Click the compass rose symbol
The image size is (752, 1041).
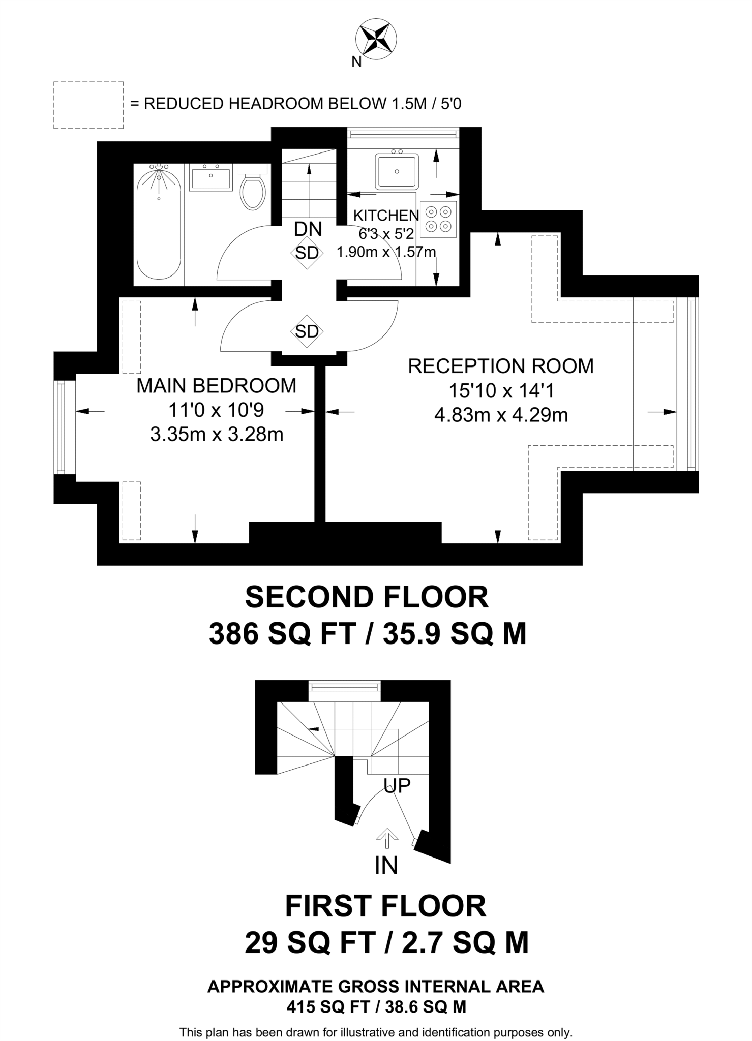pos(376,39)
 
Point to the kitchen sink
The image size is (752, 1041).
pos(397,171)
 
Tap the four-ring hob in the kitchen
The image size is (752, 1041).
pos(439,219)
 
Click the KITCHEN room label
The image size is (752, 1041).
pos(386,216)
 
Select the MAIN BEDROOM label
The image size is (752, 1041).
pos(216,386)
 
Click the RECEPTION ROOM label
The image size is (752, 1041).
pos(501,366)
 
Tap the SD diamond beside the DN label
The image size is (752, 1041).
pos(307,253)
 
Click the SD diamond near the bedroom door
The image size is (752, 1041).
pos(307,331)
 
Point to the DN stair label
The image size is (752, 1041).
pos(308,229)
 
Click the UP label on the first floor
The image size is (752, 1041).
pos(397,785)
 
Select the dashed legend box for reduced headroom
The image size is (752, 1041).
pos(88,105)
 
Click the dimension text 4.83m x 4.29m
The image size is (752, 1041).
pos(501,415)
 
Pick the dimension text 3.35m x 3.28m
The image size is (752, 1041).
pos(217,435)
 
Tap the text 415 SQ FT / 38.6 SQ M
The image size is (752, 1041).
pos(376,1007)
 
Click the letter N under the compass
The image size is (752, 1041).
pos(357,62)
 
